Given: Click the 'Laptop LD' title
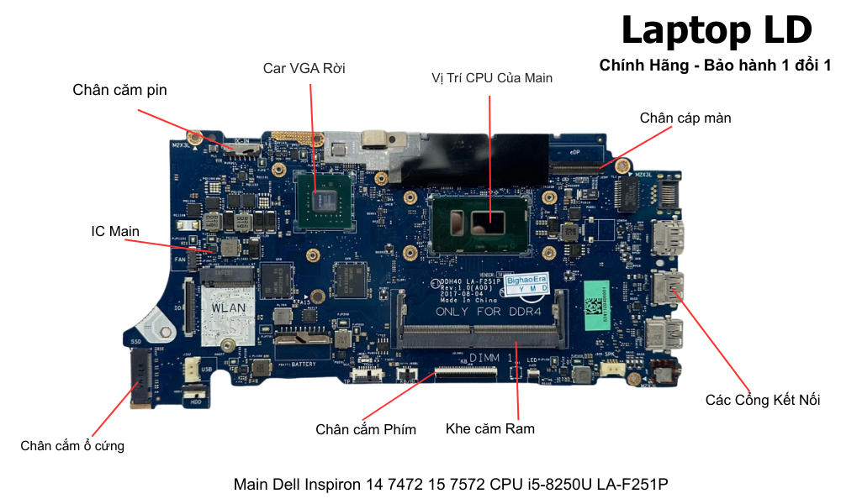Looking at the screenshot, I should coord(717,30).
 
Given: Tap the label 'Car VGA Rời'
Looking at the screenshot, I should coord(304,68).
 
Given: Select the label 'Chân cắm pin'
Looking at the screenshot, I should coord(119,90).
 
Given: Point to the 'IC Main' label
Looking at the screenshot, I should coord(115,231).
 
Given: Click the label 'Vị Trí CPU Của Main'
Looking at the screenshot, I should coord(492,78).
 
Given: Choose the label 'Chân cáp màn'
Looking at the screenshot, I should coord(685,118).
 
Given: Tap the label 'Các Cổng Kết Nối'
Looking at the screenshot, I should coord(762,400).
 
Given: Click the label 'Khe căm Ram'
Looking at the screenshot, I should coord(490,428).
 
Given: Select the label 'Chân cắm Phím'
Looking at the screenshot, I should coord(366,429).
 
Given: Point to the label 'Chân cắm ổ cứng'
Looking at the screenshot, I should coord(72,446).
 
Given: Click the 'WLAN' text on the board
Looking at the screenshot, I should coord(228,307).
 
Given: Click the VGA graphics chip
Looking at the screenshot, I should coord(324,200).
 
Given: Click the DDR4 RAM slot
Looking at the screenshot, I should coord(480,336).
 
